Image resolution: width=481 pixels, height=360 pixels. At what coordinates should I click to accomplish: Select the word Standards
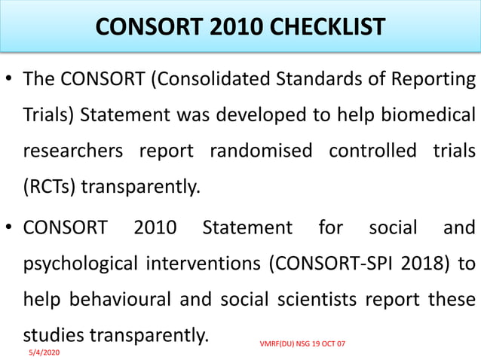tap(317, 80)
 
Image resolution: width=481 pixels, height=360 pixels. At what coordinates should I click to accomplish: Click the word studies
tap(54, 334)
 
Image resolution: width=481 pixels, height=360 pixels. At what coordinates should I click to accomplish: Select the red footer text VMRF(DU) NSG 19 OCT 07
tap(302, 344)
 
